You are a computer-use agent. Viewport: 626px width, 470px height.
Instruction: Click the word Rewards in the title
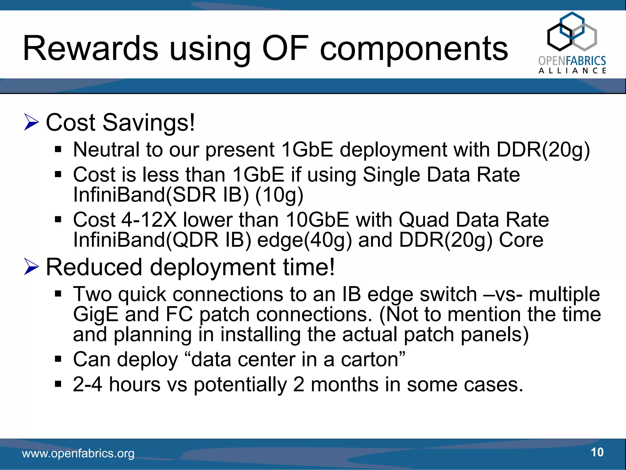[90, 48]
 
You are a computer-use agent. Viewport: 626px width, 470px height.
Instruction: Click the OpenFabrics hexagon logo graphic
[572, 32]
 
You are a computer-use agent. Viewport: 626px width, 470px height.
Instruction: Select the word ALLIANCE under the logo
[572, 71]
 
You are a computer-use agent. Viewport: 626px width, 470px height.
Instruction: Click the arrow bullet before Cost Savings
[31, 122]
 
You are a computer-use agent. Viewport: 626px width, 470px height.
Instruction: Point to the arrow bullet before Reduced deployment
[31, 267]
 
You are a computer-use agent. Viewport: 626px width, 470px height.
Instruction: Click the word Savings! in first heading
[149, 122]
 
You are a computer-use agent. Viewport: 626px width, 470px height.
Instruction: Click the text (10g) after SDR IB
[279, 195]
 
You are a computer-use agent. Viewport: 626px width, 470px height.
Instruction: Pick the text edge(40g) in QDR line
[304, 240]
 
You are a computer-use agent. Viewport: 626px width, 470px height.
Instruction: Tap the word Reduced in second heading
[94, 267]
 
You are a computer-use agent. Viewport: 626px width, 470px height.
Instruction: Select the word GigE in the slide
[95, 315]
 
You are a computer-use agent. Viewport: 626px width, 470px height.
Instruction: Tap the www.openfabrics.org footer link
[78, 453]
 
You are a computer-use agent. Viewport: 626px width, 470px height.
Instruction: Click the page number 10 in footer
[597, 452]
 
